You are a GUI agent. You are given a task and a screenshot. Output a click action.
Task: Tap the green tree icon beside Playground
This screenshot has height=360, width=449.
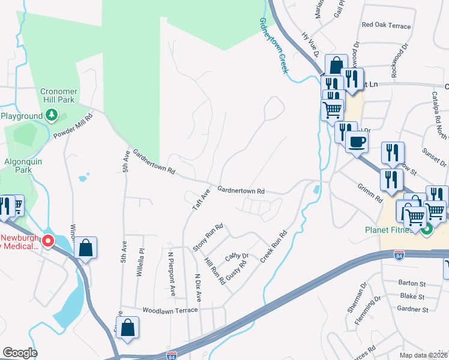(52, 114)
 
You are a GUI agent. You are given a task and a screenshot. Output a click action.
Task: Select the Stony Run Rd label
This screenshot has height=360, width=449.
(208, 238)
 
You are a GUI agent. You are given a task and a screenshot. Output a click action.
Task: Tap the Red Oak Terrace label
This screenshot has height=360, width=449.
(386, 26)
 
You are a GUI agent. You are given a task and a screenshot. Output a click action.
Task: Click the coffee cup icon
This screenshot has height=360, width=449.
(357, 142)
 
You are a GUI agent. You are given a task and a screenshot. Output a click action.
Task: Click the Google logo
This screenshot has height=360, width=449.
(20, 353)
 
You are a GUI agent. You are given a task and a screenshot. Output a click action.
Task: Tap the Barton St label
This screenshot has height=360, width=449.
(412, 282)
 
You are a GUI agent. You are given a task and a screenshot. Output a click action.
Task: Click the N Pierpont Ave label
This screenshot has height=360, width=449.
(171, 279)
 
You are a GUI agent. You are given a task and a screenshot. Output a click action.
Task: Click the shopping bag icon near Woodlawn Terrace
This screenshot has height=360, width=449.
(127, 328)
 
